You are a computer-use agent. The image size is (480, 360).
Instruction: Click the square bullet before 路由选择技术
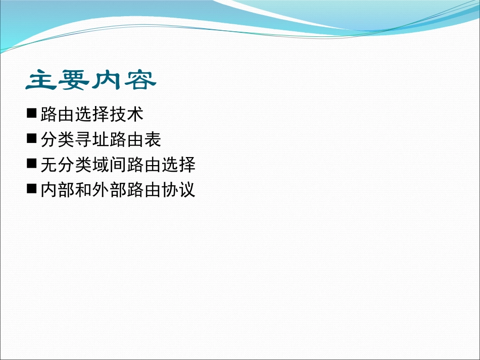coord(32,113)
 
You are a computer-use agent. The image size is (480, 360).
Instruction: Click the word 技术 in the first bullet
coord(126,114)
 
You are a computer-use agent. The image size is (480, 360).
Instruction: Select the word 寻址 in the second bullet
coord(92,139)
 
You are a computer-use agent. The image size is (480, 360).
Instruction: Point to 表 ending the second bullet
coord(152,139)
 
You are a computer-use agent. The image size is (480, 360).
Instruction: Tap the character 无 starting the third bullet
coord(49,165)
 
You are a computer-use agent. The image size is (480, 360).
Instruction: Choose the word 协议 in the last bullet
coord(178,190)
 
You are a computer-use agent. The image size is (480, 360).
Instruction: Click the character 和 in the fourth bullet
coord(83,190)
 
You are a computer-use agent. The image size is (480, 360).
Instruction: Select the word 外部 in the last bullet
coord(109,190)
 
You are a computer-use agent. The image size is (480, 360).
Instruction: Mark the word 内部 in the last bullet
coord(58,190)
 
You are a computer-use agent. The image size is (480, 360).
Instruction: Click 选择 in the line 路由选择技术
coord(92,114)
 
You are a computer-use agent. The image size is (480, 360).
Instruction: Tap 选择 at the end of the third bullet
coord(178,165)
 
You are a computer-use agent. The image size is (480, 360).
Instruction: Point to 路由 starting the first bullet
coord(58,114)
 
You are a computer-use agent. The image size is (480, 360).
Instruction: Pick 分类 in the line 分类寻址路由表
coord(58,139)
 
